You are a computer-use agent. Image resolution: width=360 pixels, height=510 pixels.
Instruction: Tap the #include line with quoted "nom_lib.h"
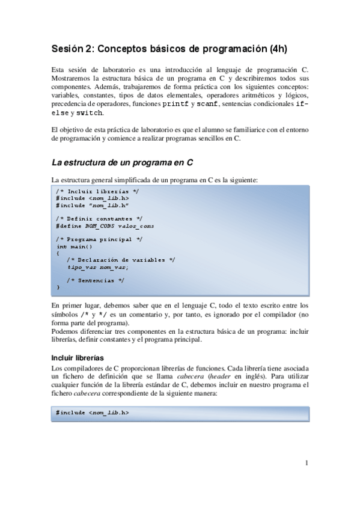[x=93, y=204]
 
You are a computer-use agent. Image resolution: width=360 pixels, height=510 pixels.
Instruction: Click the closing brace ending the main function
[x=58, y=287]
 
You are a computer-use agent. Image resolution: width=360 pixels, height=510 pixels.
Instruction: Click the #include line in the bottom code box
[x=93, y=413]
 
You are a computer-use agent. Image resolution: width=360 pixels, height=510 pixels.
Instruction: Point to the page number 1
[x=307, y=462]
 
